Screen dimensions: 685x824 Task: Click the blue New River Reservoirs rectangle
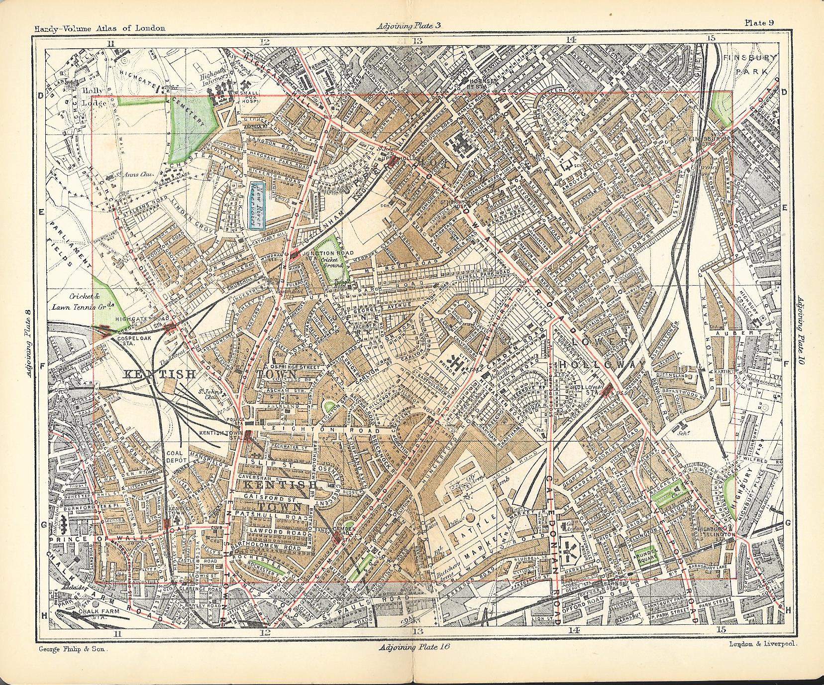click(257, 205)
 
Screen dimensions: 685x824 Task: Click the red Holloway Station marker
click(606, 392)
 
